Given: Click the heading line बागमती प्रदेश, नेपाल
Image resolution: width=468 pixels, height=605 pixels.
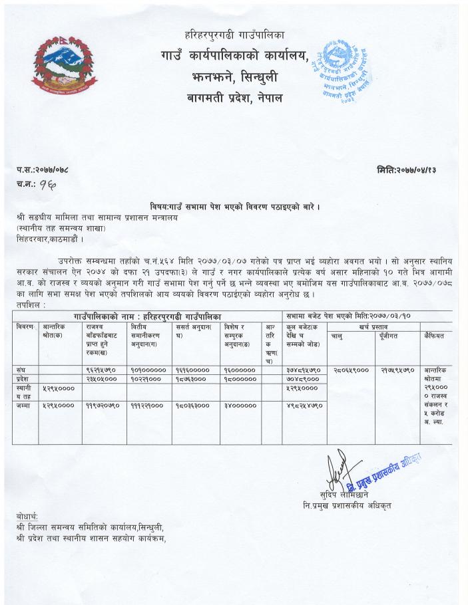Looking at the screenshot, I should pyautogui.click(x=234, y=98).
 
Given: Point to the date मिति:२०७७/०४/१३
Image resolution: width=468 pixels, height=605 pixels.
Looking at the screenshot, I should pyautogui.click(x=406, y=170).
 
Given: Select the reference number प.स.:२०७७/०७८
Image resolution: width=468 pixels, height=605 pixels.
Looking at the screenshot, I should pyautogui.click(x=44, y=170).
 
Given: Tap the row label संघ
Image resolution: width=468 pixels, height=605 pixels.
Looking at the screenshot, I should pyautogui.click(x=22, y=368).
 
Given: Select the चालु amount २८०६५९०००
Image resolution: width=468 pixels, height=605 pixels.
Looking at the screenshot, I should pyautogui.click(x=350, y=368).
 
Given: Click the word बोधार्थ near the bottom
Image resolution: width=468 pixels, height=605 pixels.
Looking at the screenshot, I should pyautogui.click(x=27, y=517).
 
